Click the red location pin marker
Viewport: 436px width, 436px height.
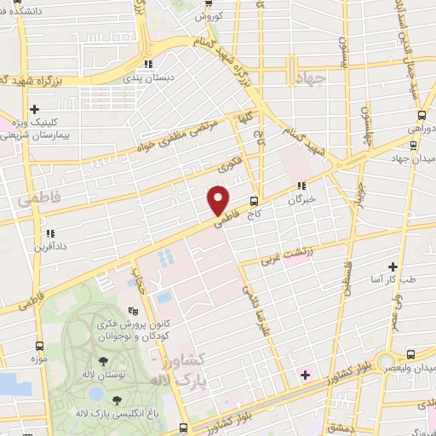click(x=219, y=199)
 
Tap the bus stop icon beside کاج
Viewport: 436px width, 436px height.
click(x=254, y=202)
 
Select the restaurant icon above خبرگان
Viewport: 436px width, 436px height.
click(x=300, y=186)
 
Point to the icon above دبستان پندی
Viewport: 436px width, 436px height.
click(x=148, y=63)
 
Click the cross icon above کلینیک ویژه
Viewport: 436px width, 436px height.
click(x=34, y=109)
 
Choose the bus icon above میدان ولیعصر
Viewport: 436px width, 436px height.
click(x=412, y=353)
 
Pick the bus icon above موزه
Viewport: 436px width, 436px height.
click(x=40, y=346)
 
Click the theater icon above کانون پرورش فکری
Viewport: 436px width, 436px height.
click(x=132, y=312)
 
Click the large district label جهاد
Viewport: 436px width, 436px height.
click(x=312, y=78)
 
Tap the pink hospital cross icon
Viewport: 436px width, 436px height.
click(x=304, y=373)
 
